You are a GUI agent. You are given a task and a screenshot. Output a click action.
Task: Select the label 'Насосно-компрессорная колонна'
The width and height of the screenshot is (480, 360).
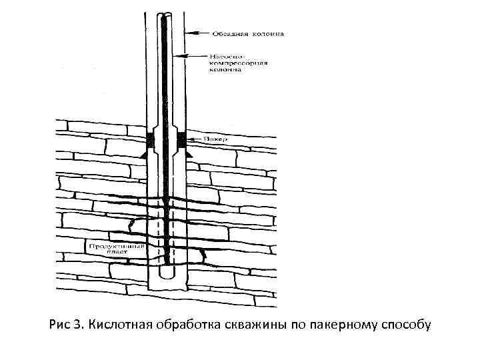(x=239, y=62)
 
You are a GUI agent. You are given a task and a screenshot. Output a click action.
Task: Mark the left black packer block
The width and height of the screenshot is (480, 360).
(x=149, y=139)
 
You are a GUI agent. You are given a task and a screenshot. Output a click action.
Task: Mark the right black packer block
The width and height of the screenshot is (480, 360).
(x=181, y=139)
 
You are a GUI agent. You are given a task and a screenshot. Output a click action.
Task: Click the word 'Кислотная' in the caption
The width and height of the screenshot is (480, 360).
(x=121, y=325)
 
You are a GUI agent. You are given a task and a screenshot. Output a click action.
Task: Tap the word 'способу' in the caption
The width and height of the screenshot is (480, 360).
(x=406, y=325)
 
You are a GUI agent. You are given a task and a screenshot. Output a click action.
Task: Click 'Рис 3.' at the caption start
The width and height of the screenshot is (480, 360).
(x=67, y=325)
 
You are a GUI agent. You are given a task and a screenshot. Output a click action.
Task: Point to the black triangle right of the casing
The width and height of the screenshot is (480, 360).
(x=189, y=154)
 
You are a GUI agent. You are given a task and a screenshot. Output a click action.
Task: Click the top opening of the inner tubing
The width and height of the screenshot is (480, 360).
(x=165, y=15)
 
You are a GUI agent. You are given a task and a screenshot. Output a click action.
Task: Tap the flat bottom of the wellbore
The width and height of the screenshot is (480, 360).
(x=165, y=288)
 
